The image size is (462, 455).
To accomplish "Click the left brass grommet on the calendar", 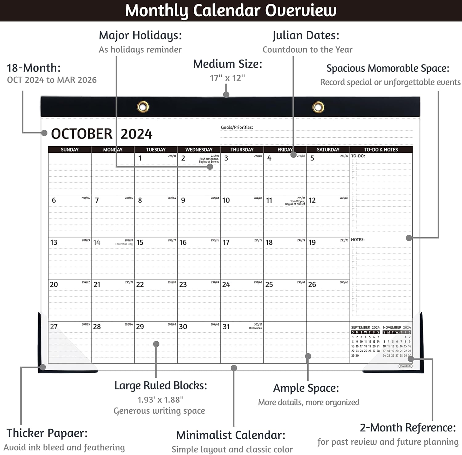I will pos(143,107).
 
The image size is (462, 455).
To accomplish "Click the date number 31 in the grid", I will pos(226,327).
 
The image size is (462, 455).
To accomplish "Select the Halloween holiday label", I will pos(255,328).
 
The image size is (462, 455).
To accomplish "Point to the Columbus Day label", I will pos(124,244).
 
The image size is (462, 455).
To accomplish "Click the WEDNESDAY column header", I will pos(199,150).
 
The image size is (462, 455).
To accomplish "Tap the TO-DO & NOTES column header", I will pos(381,150).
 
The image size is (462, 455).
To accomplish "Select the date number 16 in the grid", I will pos(183,243).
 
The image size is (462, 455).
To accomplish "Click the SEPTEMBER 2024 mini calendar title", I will pos(365,327).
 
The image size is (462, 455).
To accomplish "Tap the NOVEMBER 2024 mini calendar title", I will pos(397,327).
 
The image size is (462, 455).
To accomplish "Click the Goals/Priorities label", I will pos(237,128).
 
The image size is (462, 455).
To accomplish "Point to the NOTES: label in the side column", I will pos(358,240).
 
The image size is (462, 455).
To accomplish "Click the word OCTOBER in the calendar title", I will pos(82,134).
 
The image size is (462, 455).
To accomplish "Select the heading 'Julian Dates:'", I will pos(306,35).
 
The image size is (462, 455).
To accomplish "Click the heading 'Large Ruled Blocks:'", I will pos(160,386).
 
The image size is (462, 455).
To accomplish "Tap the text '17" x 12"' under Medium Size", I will pos(227,78).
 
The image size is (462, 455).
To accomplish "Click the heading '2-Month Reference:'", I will pos(408,428).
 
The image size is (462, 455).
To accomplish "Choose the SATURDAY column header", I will pos(328,150).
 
